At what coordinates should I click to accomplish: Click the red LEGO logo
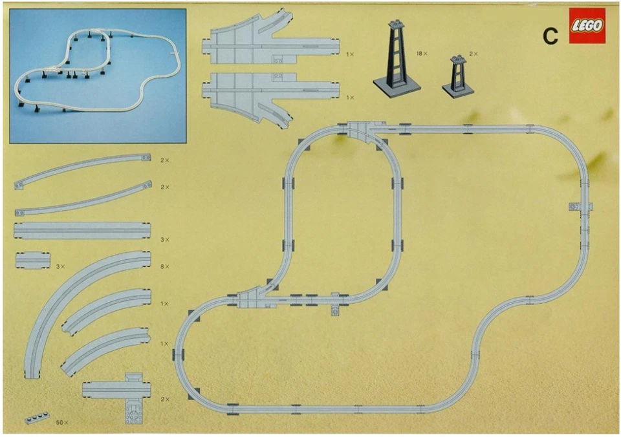click(x=587, y=26)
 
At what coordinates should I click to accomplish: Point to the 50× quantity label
click(x=62, y=421)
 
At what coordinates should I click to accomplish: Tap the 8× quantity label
click(x=165, y=266)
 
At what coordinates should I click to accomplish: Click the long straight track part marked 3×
click(x=82, y=231)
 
